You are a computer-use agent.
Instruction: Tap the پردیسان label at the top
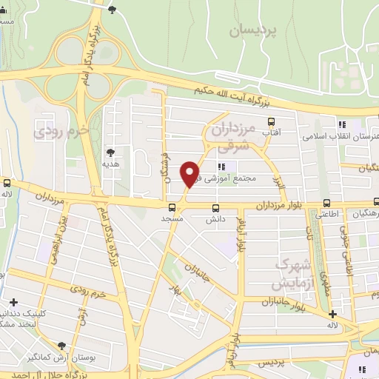pos(252,30)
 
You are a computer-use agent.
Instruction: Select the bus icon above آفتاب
pos(271,121)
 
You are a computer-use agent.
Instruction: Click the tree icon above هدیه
pos(110,151)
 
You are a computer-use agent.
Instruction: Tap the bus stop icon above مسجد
pos(172,208)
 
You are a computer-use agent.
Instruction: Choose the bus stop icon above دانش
pos(215,208)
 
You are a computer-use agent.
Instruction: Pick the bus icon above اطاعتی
pos(327,202)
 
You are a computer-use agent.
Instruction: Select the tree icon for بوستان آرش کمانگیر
pos(61,346)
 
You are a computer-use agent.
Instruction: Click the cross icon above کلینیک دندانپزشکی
pos(14,302)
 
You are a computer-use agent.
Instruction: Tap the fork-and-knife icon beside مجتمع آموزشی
pos(221,166)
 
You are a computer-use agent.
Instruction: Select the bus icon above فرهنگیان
pos(376,202)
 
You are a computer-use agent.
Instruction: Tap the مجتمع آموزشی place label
pos(245,178)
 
